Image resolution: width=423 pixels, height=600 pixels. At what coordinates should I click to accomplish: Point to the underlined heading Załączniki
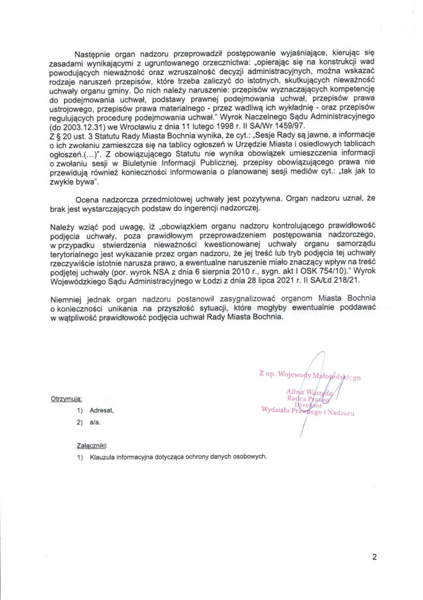[x=92, y=445]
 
